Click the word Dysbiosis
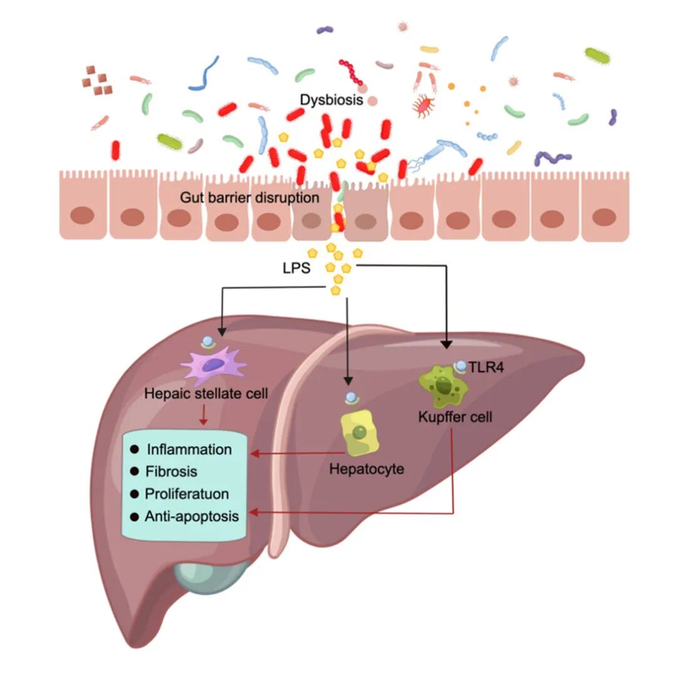pyautogui.click(x=331, y=100)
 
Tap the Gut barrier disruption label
pyautogui.click(x=249, y=198)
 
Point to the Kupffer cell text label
pyautogui.click(x=454, y=416)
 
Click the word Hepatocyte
pyautogui.click(x=367, y=468)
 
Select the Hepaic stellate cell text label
pyautogui.click(x=206, y=394)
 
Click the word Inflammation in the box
pyautogui.click(x=189, y=450)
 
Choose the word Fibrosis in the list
pyautogui.click(x=171, y=472)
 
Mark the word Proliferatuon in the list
pyautogui.click(x=186, y=494)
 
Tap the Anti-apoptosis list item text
pyautogui.click(x=192, y=516)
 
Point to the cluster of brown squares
pyautogui.click(x=95, y=80)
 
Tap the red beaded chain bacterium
pyautogui.click(x=352, y=72)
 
